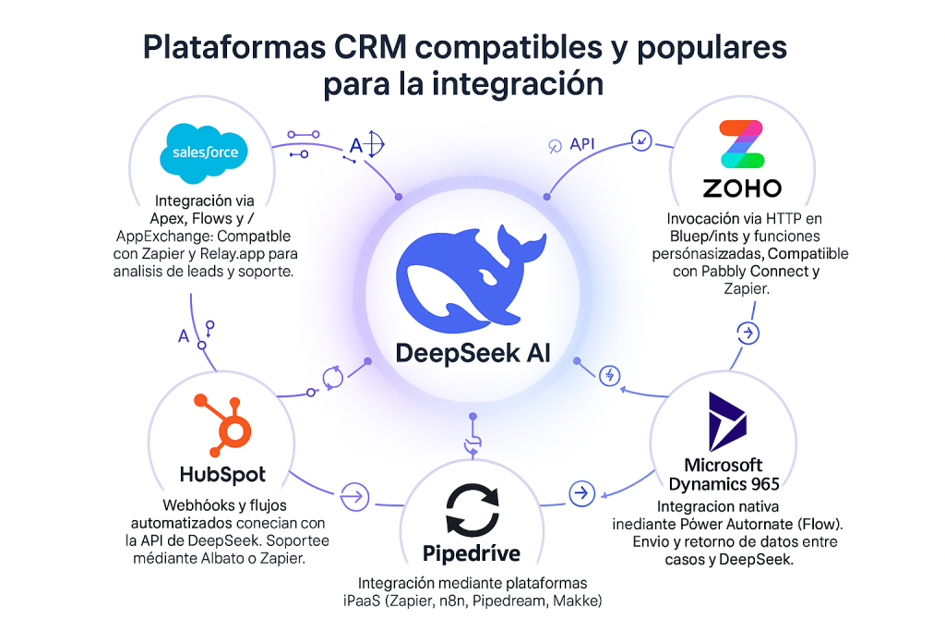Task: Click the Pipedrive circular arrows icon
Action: [472, 509]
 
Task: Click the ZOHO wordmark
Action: [742, 188]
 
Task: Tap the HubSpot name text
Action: [222, 475]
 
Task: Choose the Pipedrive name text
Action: [472, 554]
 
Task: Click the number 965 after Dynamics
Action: [758, 483]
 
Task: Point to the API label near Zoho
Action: [582, 144]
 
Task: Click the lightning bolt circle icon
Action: [608, 375]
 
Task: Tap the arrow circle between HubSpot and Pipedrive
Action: [352, 494]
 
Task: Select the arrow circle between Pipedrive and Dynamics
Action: [580, 493]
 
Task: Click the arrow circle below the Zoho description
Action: [749, 333]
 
